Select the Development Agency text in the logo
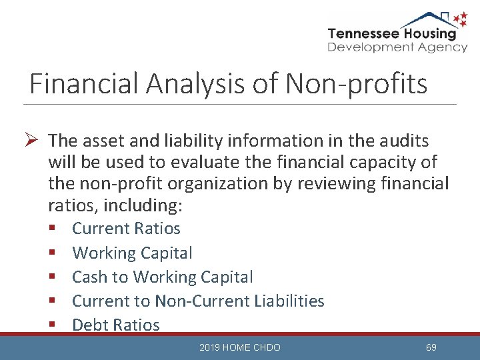[397, 47]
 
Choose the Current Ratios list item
[126, 229]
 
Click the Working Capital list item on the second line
[132, 253]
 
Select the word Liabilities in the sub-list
[289, 301]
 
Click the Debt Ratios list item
[116, 325]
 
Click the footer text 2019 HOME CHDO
[240, 347]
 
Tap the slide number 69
[431, 347]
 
